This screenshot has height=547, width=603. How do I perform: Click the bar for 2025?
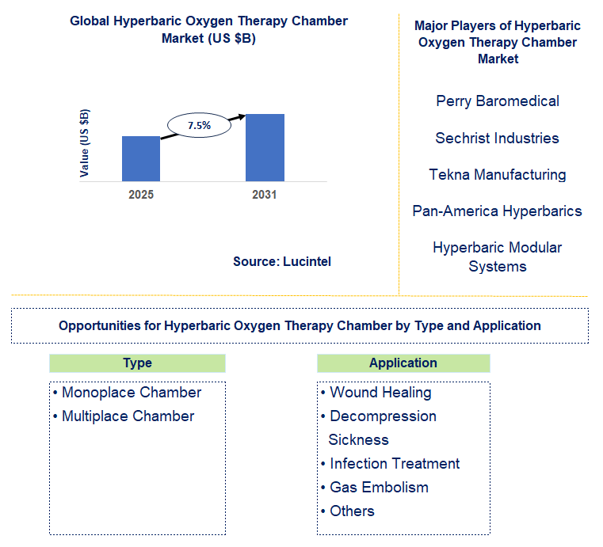coord(141,158)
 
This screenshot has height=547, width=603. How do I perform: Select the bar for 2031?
coord(265,147)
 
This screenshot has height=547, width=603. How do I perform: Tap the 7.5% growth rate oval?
coord(199,125)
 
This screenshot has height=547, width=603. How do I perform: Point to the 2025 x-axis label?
coord(141,195)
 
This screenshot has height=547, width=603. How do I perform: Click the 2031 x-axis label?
coord(265,195)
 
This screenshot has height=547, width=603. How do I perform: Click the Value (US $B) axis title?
coord(86,142)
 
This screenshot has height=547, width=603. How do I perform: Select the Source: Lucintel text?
coord(282,261)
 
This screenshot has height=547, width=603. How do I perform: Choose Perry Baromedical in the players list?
coord(497,101)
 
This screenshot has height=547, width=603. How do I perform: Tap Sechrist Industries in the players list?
coord(497,138)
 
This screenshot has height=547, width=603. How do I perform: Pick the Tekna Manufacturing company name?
coord(497,174)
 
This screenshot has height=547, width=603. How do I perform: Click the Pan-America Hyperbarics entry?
coord(497,211)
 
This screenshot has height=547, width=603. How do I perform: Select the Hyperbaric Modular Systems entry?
coord(497,256)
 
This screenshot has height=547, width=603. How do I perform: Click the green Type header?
coord(137,363)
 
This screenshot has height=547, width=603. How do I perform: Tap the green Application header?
coord(403,363)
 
